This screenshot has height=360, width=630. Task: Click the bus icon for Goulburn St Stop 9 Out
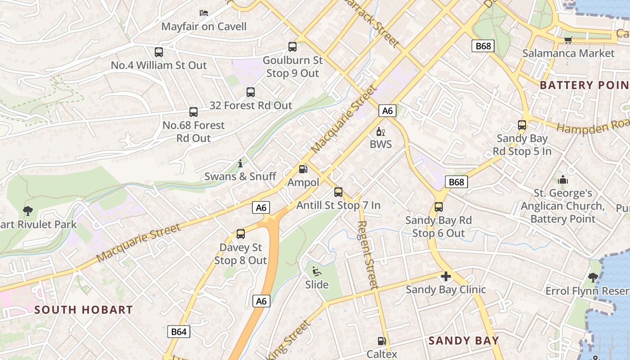pos(292,47)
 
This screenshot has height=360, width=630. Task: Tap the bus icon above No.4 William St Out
pos(158,52)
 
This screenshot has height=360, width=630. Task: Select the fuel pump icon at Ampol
pos(303,169)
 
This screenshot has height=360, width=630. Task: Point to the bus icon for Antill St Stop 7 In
pos(338,192)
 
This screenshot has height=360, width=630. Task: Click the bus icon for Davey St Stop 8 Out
pos(241,234)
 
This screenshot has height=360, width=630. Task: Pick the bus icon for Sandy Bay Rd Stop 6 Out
pos(439,207)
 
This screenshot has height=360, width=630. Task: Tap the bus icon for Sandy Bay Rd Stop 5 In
pos(522,125)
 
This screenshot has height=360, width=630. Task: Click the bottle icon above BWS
pos(380,132)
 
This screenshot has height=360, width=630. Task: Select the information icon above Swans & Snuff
pos(240,163)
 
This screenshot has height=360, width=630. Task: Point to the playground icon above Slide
pos(317,271)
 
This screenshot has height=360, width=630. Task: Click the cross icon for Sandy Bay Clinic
pos(446,276)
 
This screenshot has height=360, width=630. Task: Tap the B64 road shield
pos(179,332)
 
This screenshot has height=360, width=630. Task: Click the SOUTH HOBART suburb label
pos(84,310)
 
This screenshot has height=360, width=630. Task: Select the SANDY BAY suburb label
pos(463,340)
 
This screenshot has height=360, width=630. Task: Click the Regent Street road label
pos(368,254)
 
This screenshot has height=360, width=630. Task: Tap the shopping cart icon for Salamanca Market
pos(568,40)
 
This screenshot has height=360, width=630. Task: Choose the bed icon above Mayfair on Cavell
pos(204,13)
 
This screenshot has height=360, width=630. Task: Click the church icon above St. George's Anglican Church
pos(563,180)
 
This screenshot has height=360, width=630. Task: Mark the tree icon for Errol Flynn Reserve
pos(593,277)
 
